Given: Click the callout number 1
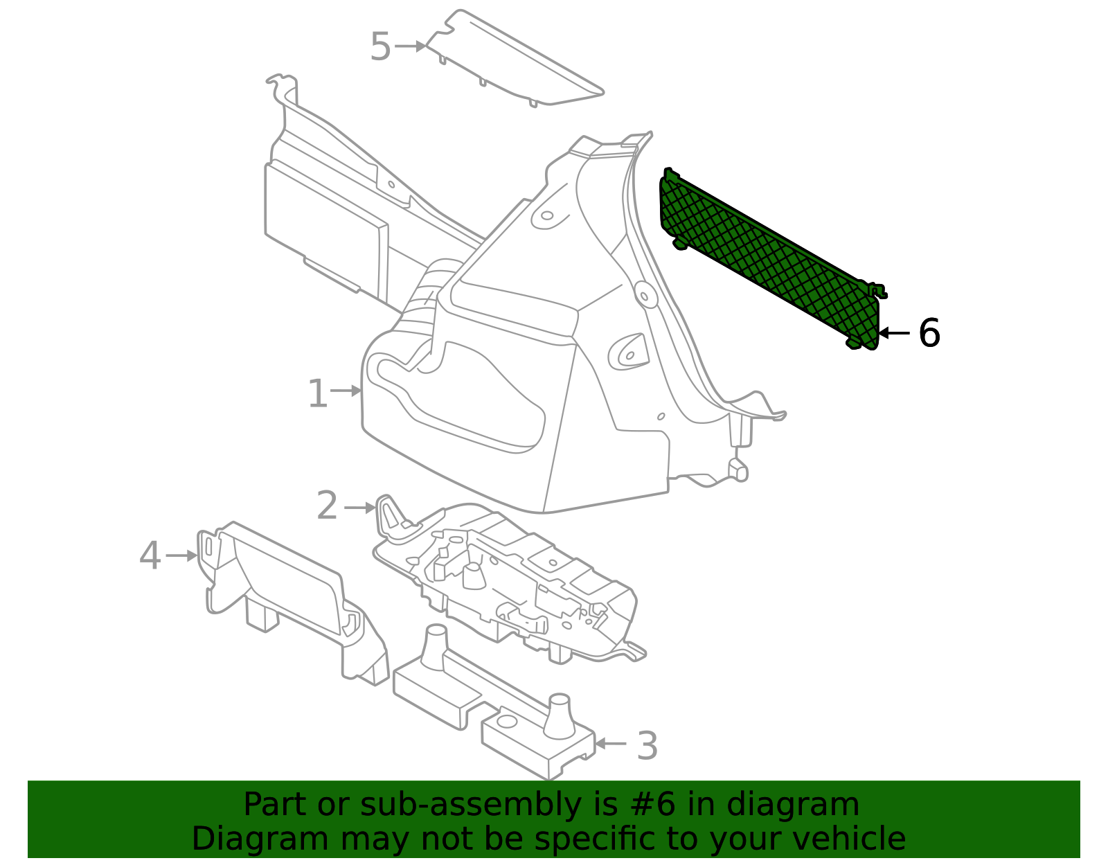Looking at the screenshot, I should [x=317, y=394].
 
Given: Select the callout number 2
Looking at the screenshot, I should [x=327, y=506].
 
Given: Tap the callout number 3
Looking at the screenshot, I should [x=647, y=746].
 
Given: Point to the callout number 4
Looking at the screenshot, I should [x=150, y=555].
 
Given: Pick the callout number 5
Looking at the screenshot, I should [x=380, y=47].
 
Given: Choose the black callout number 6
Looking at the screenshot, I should [x=929, y=333].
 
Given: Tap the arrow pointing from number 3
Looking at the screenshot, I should [x=611, y=743].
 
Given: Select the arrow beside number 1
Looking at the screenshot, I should [x=346, y=391].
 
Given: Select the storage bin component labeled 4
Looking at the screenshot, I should [x=291, y=589].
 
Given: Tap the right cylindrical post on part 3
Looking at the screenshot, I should [x=558, y=717].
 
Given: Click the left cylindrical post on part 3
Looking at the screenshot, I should [x=435, y=648].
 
